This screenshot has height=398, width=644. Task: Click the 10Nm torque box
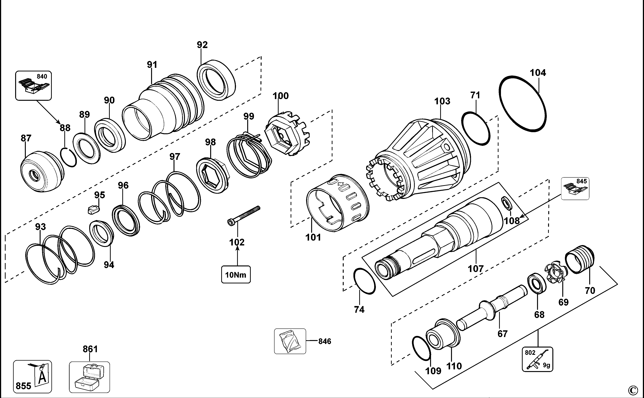click(x=236, y=275)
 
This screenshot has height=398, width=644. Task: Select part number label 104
click(x=538, y=73)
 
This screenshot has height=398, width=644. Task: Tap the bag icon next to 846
click(x=290, y=341)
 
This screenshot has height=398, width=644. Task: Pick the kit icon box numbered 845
click(x=575, y=188)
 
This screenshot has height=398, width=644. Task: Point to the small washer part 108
click(x=507, y=203)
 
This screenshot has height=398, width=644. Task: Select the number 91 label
click(x=152, y=64)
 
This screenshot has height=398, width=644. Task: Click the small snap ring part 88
click(x=68, y=157)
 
